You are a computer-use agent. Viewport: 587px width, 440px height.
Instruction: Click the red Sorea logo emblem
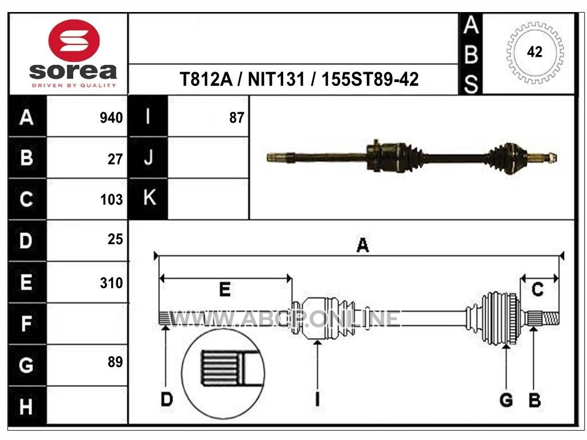pos(74,41)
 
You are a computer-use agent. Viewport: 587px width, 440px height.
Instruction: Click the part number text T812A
pos(206,79)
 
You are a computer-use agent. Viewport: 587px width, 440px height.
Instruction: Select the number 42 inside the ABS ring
pos(535,52)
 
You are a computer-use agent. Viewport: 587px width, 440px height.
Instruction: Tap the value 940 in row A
pos(111,118)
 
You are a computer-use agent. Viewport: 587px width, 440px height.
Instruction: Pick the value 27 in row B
pos(115,159)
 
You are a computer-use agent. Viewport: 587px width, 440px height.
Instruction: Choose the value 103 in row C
pos(112,200)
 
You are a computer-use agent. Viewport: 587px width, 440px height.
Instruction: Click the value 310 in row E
pos(112,283)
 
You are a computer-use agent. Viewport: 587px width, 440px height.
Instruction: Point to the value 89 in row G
pos(115,362)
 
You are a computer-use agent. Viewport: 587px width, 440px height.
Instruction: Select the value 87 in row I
pos(237,118)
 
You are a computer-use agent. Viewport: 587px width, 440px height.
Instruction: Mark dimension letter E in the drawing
pos(225,289)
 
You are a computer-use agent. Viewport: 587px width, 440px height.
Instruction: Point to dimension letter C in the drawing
pos(538,289)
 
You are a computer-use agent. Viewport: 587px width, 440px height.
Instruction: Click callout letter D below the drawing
pos(167,399)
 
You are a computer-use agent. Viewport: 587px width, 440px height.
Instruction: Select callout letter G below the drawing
pos(506,400)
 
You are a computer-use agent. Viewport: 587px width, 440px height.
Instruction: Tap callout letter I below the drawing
pos(318,399)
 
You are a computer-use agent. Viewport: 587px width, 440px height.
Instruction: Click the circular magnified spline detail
pos(223,374)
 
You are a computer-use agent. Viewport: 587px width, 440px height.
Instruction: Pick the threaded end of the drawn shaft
pos(550,319)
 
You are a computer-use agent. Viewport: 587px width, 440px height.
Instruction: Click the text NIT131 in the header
pos(276,79)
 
